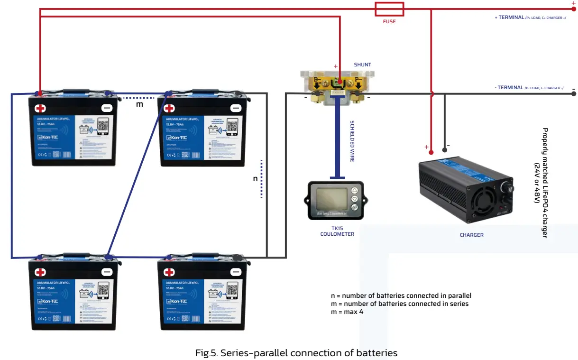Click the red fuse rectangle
(x=389, y=9)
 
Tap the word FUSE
(x=389, y=21)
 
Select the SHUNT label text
(x=362, y=65)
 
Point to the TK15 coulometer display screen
(x=329, y=199)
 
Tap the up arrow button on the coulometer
(x=354, y=190)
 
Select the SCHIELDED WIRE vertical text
(x=352, y=141)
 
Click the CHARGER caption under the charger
(x=471, y=235)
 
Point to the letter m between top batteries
(x=139, y=104)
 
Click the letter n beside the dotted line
(x=255, y=178)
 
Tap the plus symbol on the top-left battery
(x=41, y=108)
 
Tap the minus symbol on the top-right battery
(x=236, y=108)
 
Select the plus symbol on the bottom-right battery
(x=169, y=272)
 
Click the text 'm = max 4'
(x=347, y=312)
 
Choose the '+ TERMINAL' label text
(x=510, y=18)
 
